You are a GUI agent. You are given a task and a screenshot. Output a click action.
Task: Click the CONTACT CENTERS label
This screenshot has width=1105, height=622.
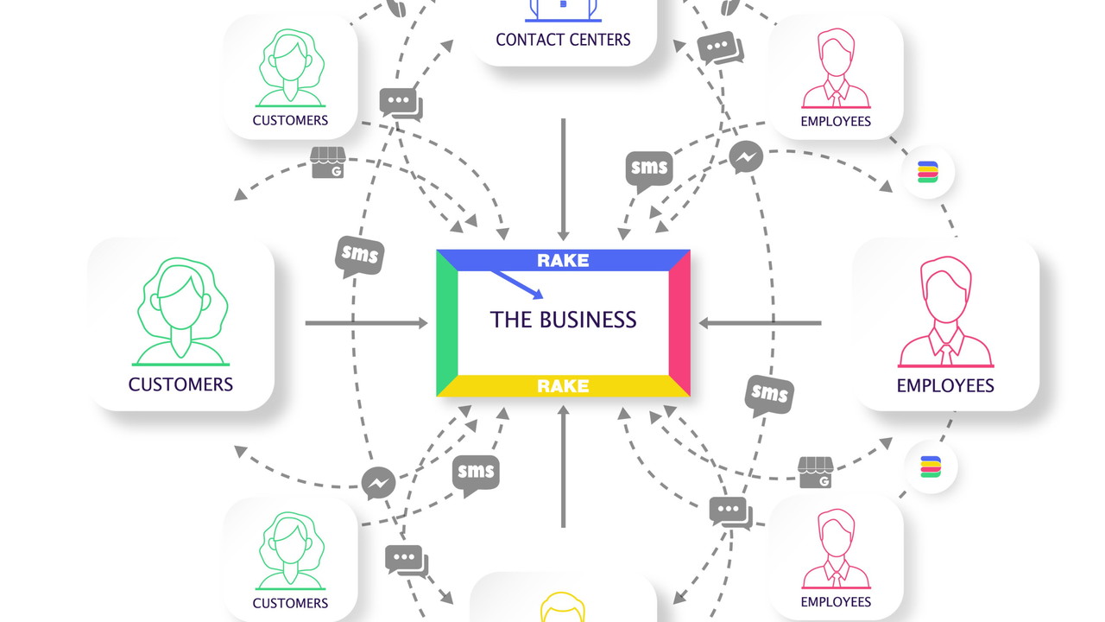[563, 39]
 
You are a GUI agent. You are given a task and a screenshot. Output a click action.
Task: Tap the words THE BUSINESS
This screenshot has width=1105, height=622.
[563, 320]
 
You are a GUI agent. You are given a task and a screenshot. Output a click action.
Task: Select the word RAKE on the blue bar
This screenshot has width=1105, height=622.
[563, 260]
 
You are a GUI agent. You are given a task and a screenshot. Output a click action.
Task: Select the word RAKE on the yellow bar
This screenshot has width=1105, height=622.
[563, 385]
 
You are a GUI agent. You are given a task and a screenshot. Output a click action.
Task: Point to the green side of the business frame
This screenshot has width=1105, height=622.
[445, 323]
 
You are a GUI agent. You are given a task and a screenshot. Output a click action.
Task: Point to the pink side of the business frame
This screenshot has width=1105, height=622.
[680, 323]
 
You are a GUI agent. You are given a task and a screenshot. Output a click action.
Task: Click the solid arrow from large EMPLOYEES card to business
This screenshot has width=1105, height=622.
[760, 323]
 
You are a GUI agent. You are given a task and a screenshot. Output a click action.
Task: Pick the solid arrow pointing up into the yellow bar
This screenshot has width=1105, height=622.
[563, 466]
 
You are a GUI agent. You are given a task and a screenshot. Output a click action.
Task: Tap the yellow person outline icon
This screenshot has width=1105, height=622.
[563, 606]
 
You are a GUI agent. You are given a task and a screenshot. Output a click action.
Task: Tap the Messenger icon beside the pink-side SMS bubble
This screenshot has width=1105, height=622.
[745, 158]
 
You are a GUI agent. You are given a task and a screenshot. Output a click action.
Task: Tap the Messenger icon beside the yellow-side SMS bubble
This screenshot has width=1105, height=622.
[379, 484]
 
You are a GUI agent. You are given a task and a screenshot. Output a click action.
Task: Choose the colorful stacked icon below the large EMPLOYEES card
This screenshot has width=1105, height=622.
[931, 467]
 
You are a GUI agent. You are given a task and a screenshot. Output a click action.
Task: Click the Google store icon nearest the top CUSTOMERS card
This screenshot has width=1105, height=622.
[327, 162]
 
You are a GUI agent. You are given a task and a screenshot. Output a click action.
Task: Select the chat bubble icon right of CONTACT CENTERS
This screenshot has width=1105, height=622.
[719, 48]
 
